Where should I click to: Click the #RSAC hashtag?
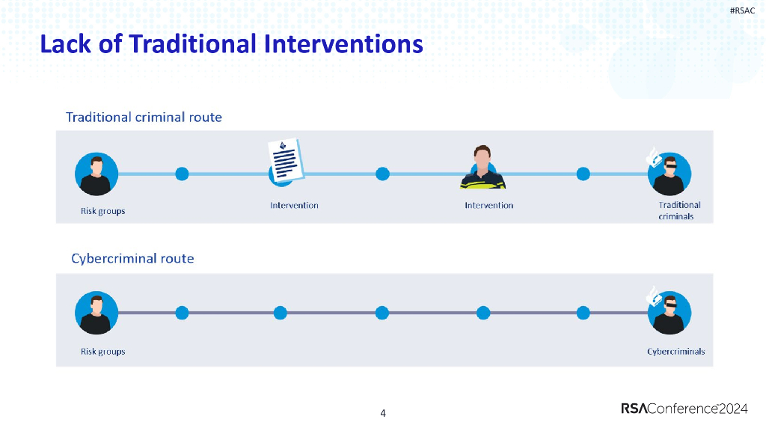(x=742, y=10)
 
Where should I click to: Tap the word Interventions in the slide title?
(x=343, y=43)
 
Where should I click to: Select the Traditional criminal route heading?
(x=144, y=117)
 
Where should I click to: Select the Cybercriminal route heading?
(x=132, y=258)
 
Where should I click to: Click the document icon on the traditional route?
(x=286, y=162)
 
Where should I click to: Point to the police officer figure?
(x=482, y=167)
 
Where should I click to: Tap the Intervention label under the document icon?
(x=294, y=205)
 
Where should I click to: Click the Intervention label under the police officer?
(x=489, y=205)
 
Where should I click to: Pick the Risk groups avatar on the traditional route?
(x=96, y=174)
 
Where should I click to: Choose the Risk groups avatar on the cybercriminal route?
(x=96, y=313)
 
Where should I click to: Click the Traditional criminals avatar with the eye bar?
(x=670, y=174)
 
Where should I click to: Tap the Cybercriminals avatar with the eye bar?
(x=670, y=313)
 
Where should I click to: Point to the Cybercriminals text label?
(x=676, y=352)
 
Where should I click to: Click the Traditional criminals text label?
(x=679, y=210)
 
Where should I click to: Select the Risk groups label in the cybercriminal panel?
(x=103, y=352)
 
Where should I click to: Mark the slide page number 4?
(x=383, y=413)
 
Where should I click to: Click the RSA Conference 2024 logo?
(x=684, y=409)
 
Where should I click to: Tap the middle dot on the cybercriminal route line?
(x=382, y=313)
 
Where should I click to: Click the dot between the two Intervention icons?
(x=382, y=174)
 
